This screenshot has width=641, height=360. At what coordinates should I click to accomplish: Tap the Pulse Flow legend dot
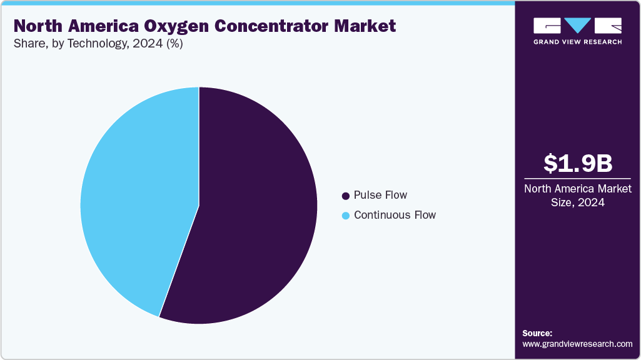(345, 196)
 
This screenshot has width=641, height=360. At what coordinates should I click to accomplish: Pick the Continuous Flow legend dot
(345, 216)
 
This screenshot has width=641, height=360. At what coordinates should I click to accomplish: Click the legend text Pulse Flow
(380, 195)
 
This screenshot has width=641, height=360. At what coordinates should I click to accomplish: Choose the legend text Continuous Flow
(395, 215)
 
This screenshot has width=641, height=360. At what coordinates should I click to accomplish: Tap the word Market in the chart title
(368, 26)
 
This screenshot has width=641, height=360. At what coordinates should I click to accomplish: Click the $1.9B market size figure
(577, 163)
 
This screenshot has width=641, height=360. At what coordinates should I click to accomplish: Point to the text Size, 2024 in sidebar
(577, 202)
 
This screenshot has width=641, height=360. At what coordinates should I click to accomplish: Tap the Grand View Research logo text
(577, 42)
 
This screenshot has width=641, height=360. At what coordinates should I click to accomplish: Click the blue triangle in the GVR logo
(577, 26)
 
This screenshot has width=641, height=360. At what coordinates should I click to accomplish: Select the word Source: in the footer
(537, 333)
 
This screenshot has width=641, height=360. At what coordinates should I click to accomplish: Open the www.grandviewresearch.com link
(577, 344)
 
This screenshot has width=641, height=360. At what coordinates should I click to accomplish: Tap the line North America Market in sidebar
(577, 189)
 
